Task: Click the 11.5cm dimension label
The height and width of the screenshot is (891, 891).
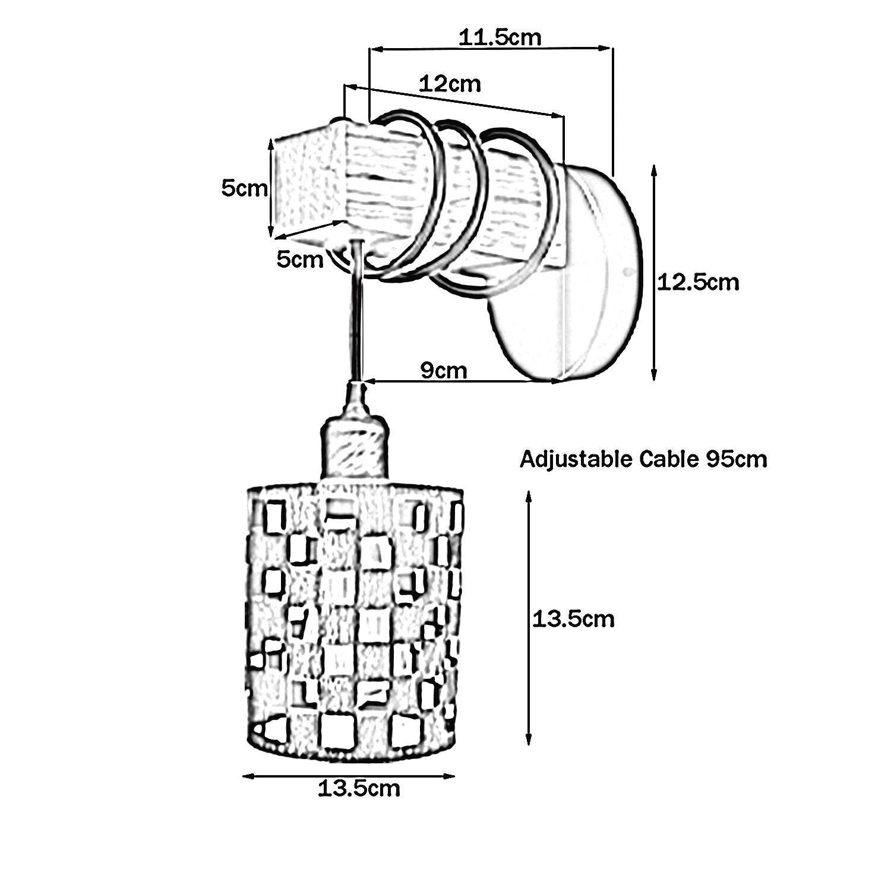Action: tap(500, 37)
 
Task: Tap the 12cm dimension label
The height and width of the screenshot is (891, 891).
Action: tap(450, 83)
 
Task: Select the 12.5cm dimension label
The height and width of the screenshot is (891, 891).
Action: tap(698, 282)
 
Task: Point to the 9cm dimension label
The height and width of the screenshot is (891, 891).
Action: tap(444, 370)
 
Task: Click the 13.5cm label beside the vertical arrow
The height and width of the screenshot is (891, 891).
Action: tap(573, 619)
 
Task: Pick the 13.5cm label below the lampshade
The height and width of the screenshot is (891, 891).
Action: tap(359, 789)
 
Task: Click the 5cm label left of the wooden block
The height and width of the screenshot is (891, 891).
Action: tap(244, 188)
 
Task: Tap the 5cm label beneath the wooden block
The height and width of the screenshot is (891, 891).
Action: tap(300, 259)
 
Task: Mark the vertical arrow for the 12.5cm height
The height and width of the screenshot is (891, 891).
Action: tap(654, 273)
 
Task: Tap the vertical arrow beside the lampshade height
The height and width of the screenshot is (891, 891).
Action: tap(528, 618)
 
